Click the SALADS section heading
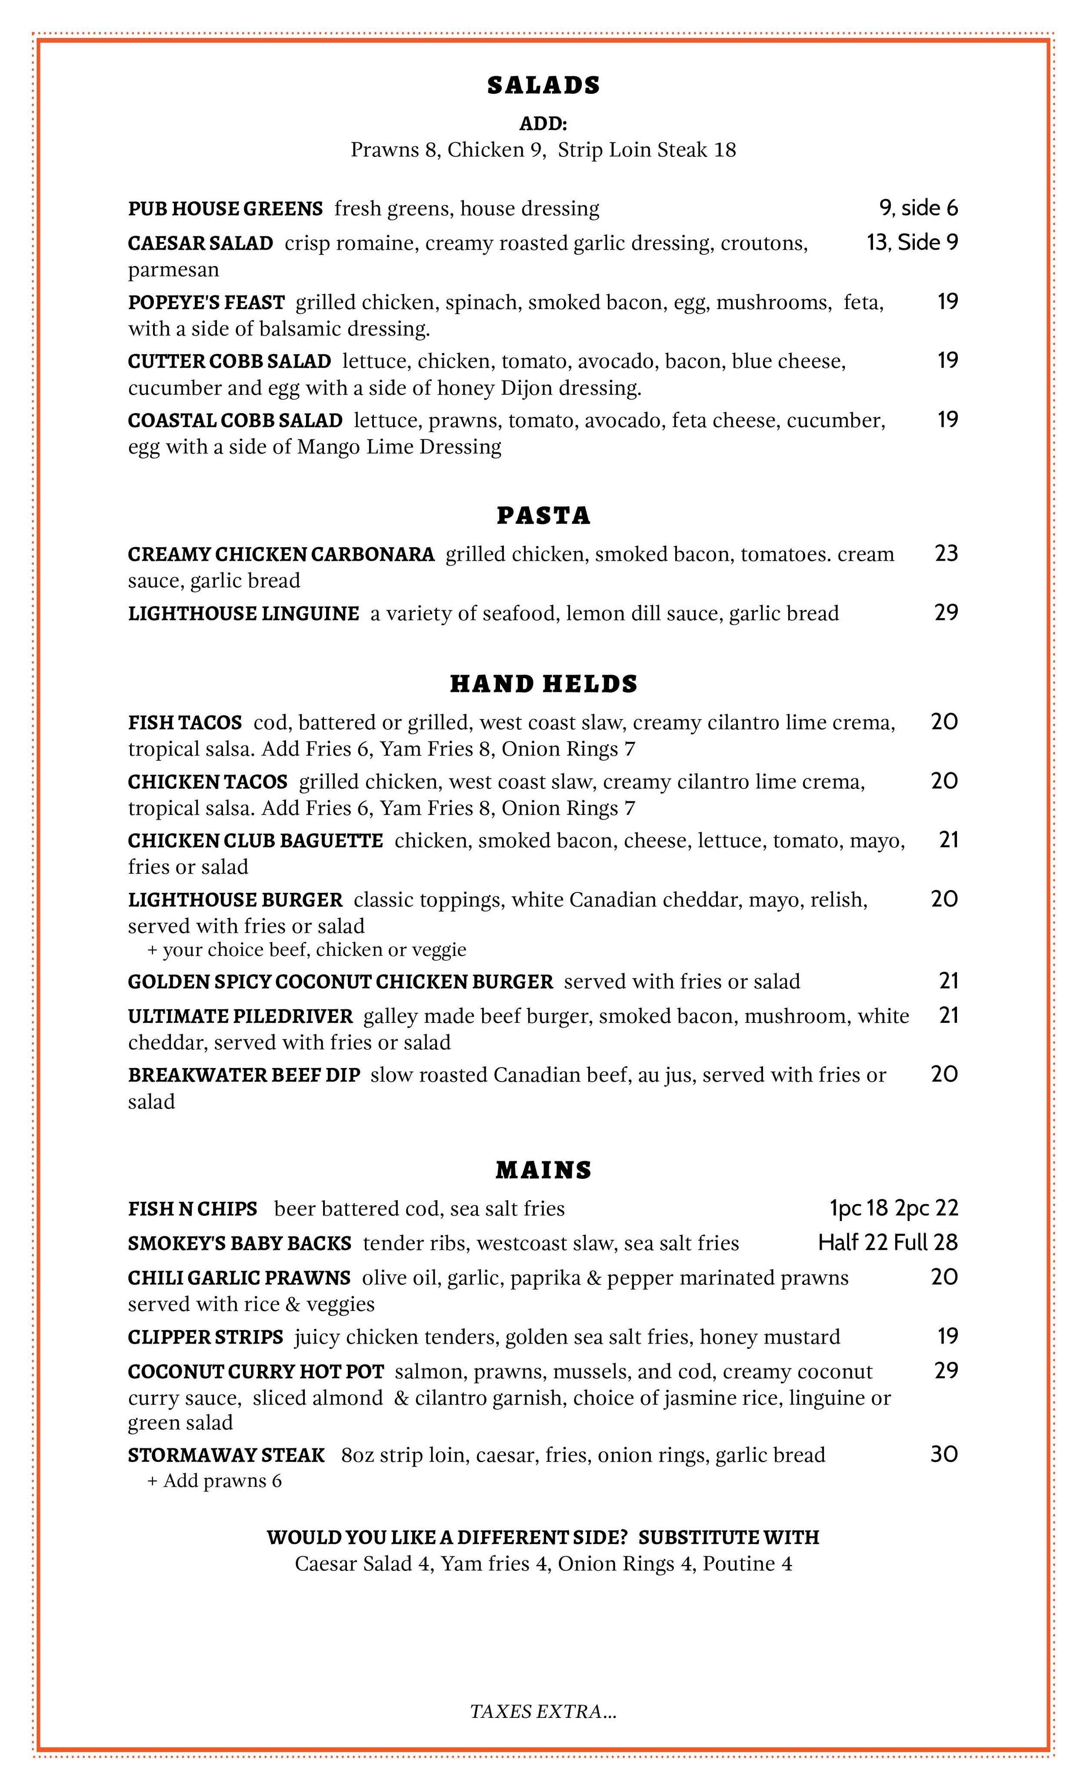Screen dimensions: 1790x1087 [x=543, y=85]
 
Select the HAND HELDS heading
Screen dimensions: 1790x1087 [x=543, y=684]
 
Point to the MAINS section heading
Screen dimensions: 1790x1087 [x=543, y=1170]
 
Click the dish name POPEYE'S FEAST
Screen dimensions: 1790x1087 [x=207, y=302]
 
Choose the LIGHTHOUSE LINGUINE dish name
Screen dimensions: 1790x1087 [x=243, y=614]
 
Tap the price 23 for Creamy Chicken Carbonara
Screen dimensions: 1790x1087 [x=946, y=554]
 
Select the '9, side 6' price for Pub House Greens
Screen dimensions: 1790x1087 [x=918, y=209]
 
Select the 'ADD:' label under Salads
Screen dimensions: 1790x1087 [x=543, y=123]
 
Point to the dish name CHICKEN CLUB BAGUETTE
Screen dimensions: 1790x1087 [x=255, y=841]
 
